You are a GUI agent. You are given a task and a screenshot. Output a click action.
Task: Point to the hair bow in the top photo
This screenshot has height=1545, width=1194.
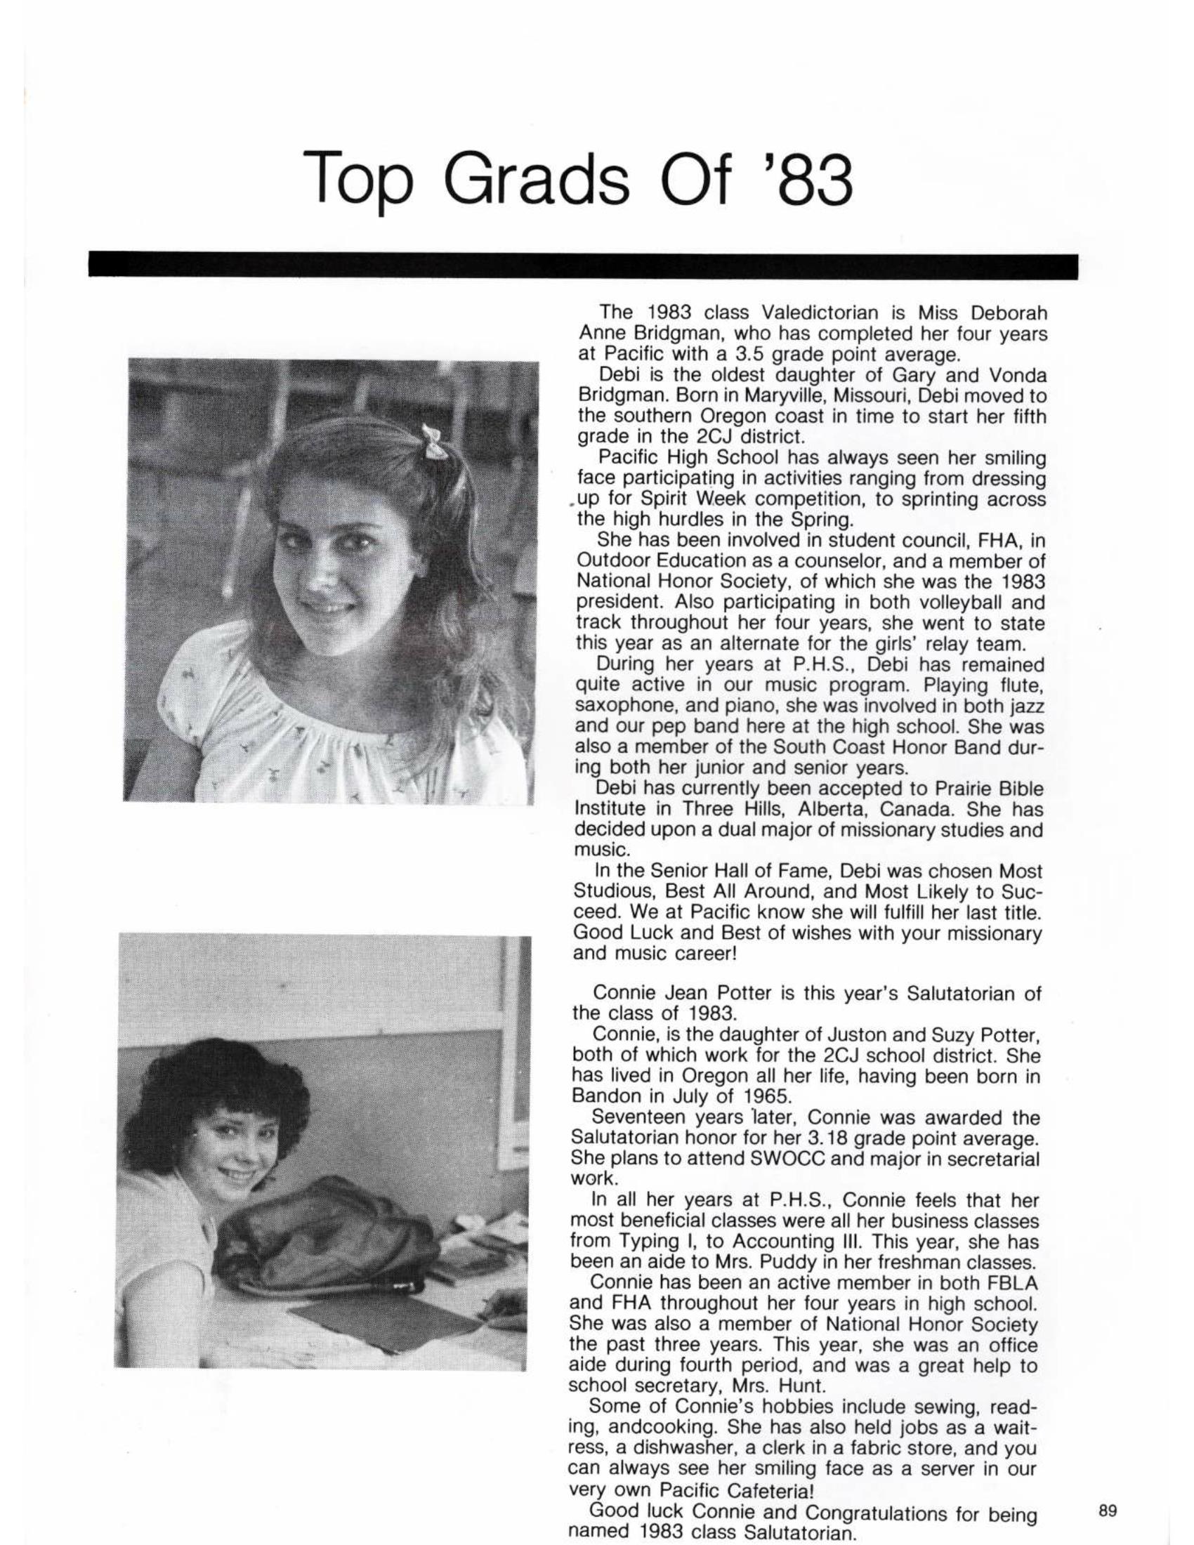pos(432,441)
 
